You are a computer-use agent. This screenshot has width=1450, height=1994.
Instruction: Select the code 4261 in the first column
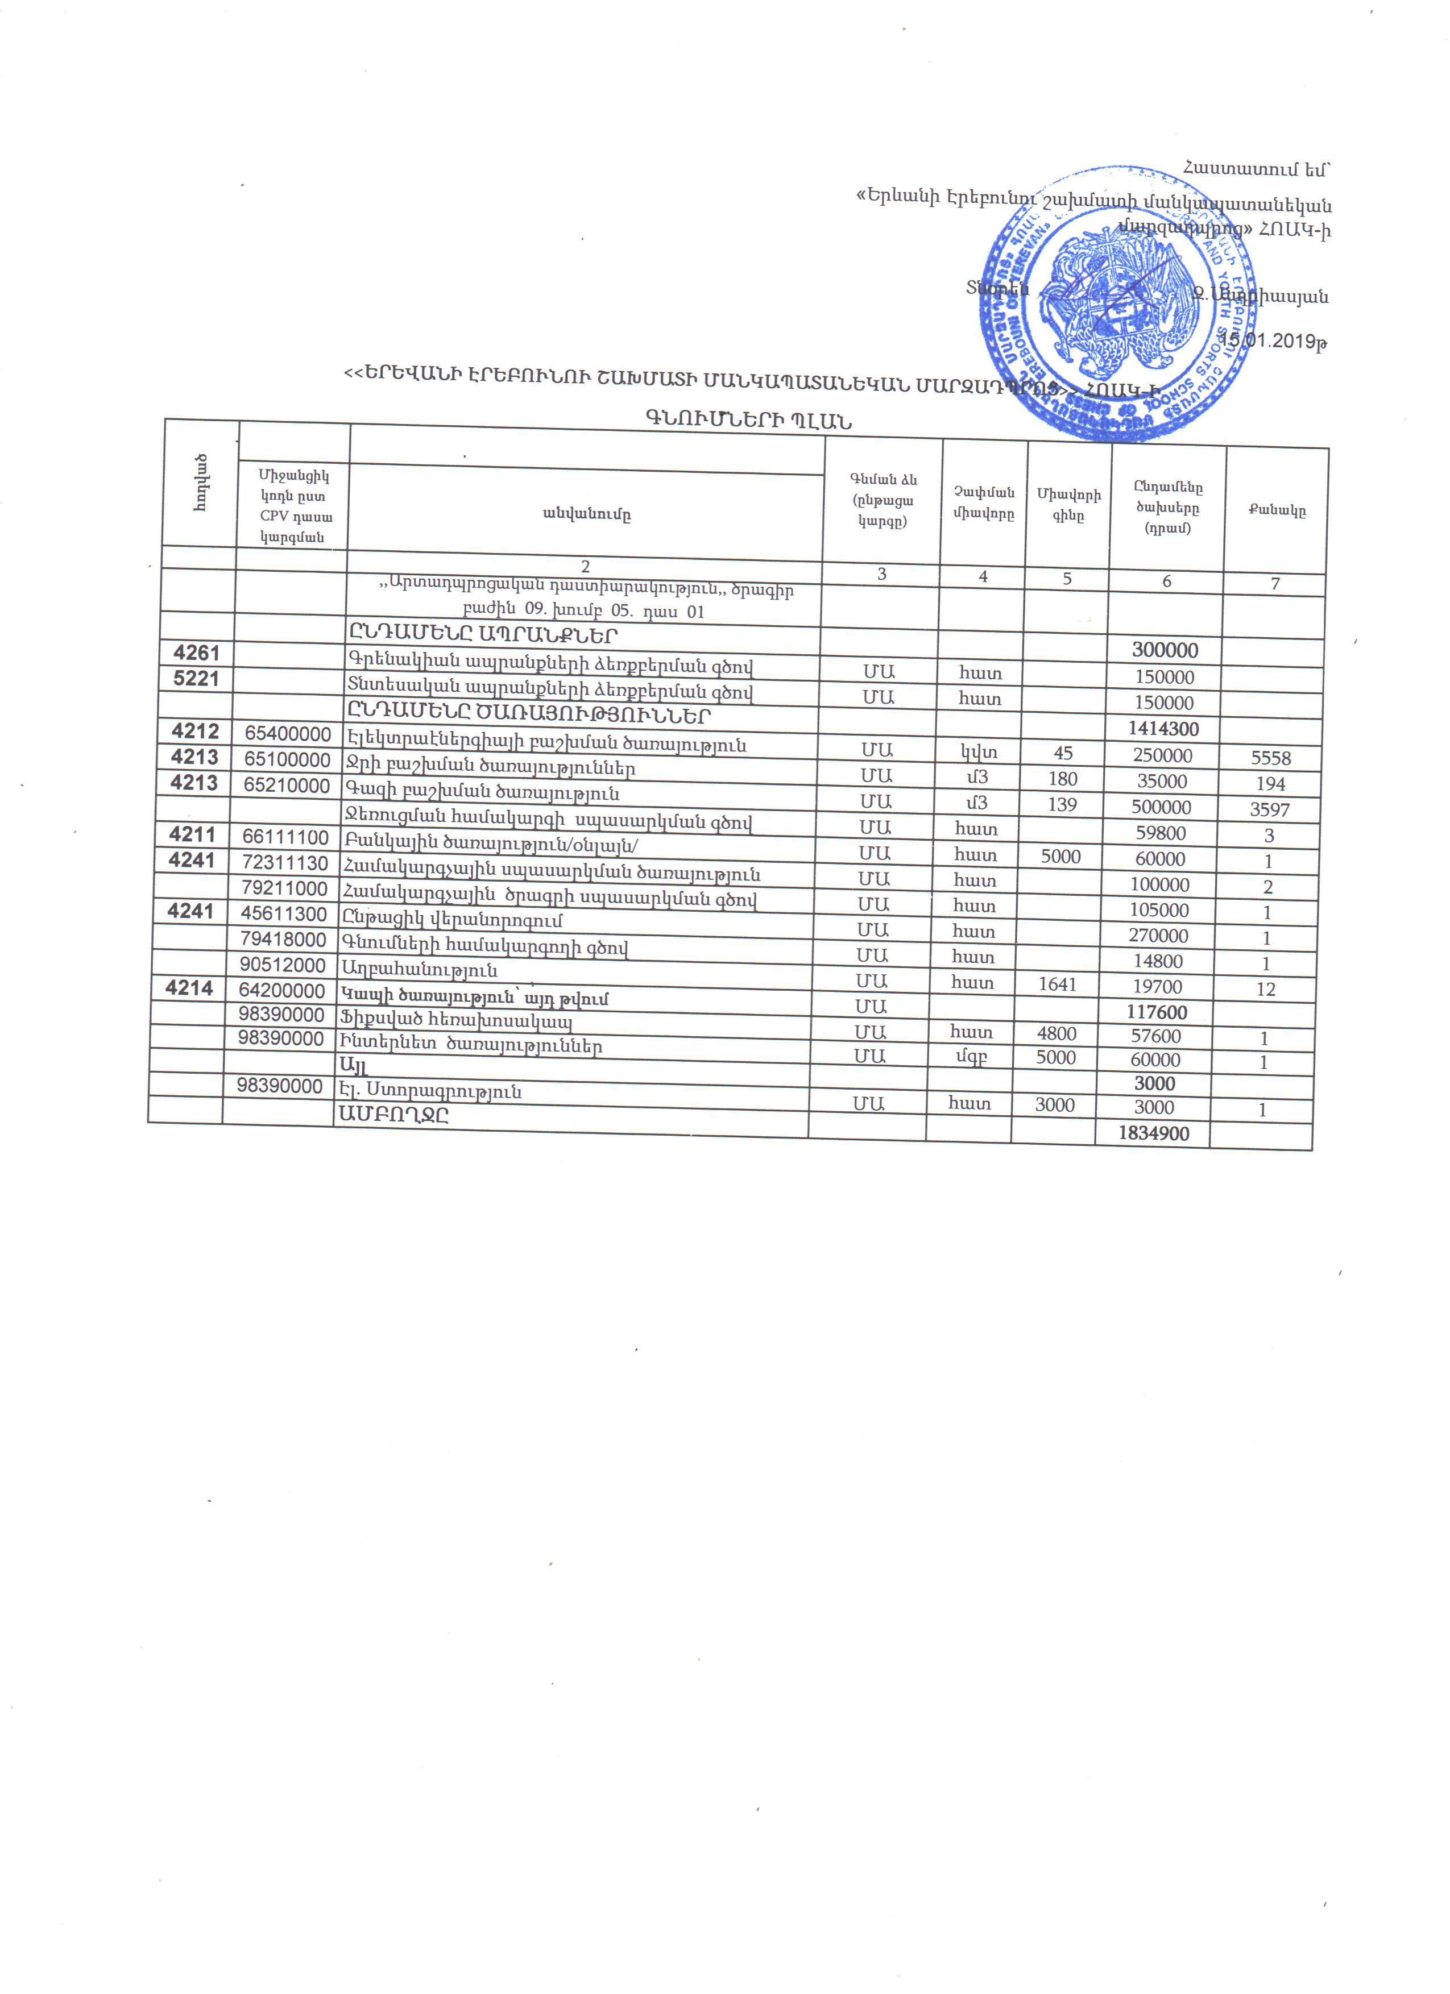point(196,653)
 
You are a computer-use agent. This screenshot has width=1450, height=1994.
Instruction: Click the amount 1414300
point(1163,729)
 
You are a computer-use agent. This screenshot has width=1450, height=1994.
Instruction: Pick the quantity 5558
point(1271,758)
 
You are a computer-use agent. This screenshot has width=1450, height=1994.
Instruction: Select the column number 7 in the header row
point(1275,583)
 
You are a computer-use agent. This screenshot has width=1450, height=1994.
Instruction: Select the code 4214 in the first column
point(189,988)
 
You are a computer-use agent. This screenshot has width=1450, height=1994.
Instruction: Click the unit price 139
point(1062,804)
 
